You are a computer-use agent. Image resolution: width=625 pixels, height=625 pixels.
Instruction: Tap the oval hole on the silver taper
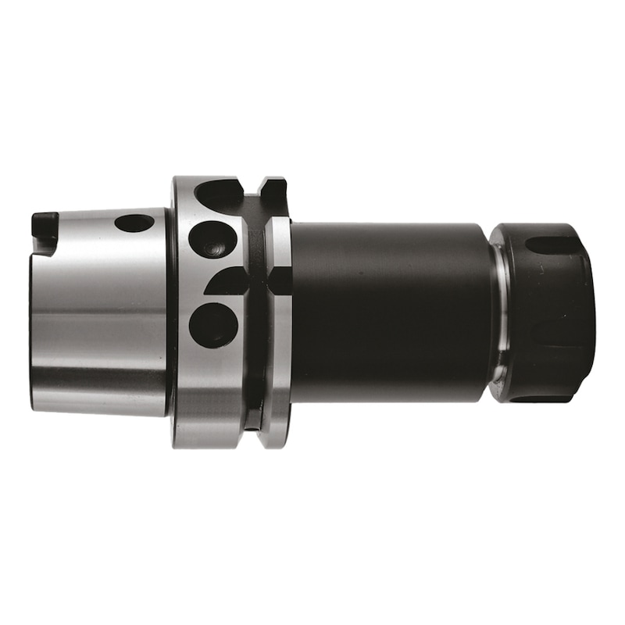pos(134,223)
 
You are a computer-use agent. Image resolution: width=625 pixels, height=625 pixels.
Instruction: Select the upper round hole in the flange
pos(212,239)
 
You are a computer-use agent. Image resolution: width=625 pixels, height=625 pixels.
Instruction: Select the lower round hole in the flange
pos(212,324)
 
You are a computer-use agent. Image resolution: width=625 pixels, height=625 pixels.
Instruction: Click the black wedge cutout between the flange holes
pos(228,282)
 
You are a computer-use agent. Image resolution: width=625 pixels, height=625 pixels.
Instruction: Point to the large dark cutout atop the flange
pos(221,195)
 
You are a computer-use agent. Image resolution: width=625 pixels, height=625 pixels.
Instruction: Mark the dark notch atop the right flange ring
pos(273,190)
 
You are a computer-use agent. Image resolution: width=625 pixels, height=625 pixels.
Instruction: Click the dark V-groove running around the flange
pos(254,312)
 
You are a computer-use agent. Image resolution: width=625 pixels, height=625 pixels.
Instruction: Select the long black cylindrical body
pos(391,312)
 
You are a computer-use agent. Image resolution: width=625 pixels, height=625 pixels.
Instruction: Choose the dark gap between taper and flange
pos(170,312)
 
